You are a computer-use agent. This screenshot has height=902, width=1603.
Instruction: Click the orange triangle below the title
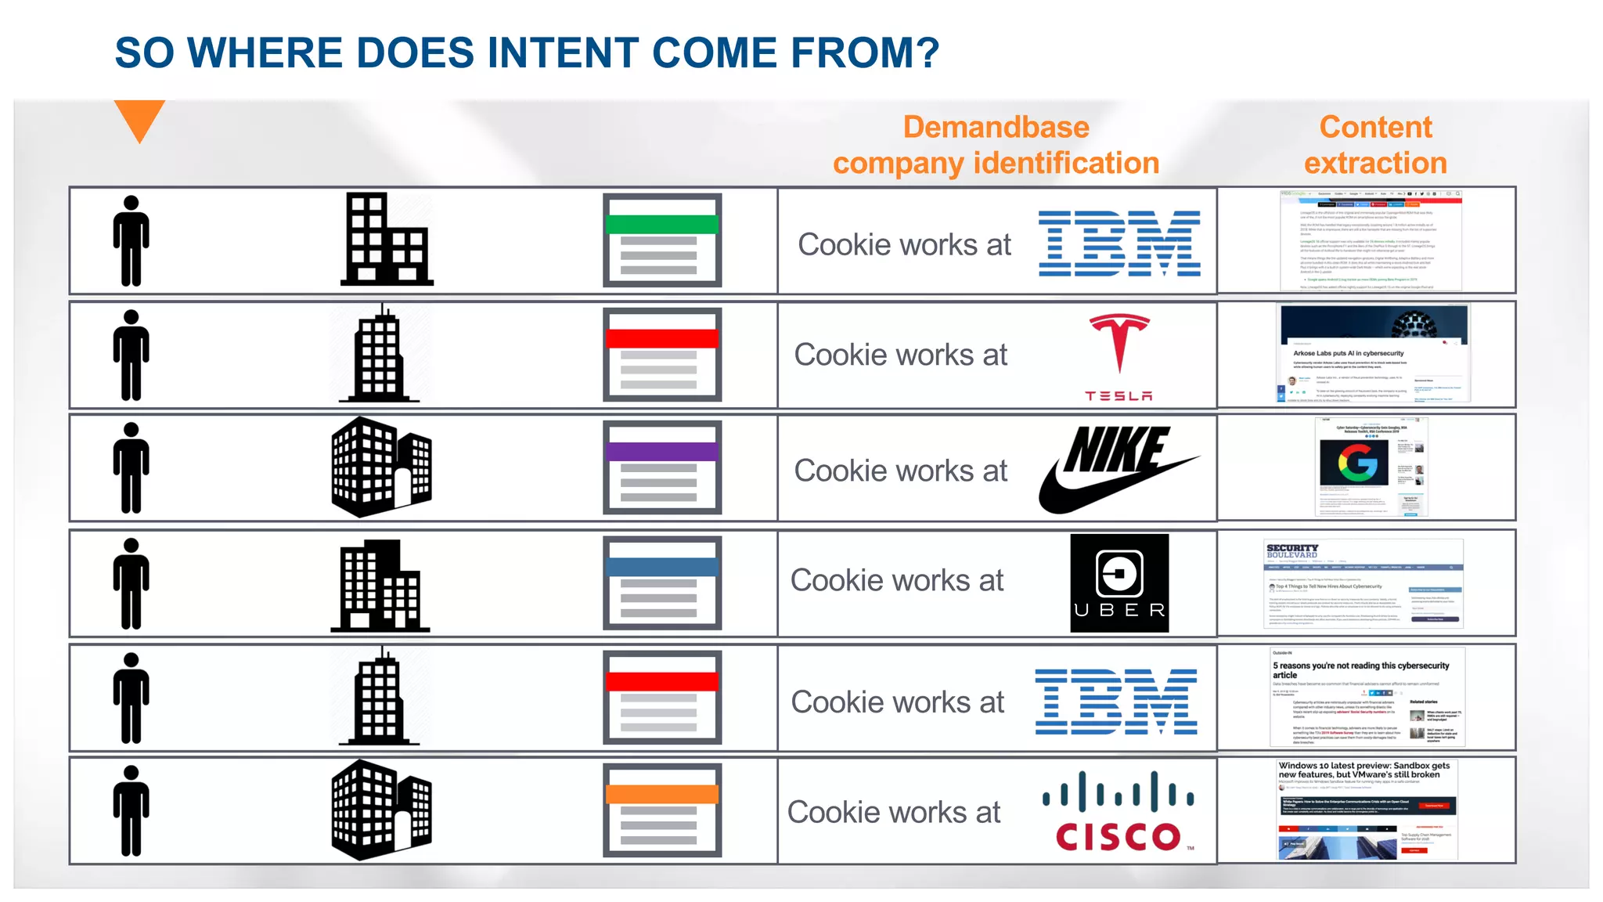click(x=139, y=118)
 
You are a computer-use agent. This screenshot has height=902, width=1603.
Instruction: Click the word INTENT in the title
click(x=563, y=53)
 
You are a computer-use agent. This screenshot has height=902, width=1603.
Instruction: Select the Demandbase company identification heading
click(x=996, y=146)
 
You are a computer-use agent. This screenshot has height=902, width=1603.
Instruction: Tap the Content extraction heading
click(x=1375, y=146)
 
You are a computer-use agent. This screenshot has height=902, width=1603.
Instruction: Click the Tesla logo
click(x=1119, y=357)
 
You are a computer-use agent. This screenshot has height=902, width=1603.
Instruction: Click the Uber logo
click(x=1119, y=583)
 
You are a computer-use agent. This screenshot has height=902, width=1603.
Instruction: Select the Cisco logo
click(x=1118, y=812)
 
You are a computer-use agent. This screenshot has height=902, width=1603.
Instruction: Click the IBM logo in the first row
click(x=1119, y=244)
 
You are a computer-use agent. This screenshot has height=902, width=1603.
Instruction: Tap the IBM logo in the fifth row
click(x=1116, y=702)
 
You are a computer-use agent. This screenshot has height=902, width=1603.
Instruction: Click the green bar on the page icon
click(x=662, y=225)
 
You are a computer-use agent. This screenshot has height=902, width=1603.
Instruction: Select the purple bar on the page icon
click(x=662, y=452)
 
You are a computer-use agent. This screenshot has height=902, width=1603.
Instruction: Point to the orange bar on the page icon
click(x=662, y=794)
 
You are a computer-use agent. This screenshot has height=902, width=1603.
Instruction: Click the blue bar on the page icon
click(x=662, y=567)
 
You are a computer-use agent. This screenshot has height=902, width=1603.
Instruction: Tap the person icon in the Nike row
click(x=131, y=468)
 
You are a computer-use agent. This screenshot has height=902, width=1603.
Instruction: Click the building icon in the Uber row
click(x=380, y=585)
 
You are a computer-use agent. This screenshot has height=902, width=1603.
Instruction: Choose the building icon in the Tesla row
click(x=380, y=355)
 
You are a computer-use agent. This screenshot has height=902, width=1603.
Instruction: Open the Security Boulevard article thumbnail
click(x=1363, y=583)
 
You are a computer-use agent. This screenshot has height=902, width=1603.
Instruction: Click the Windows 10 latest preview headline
click(x=1363, y=770)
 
